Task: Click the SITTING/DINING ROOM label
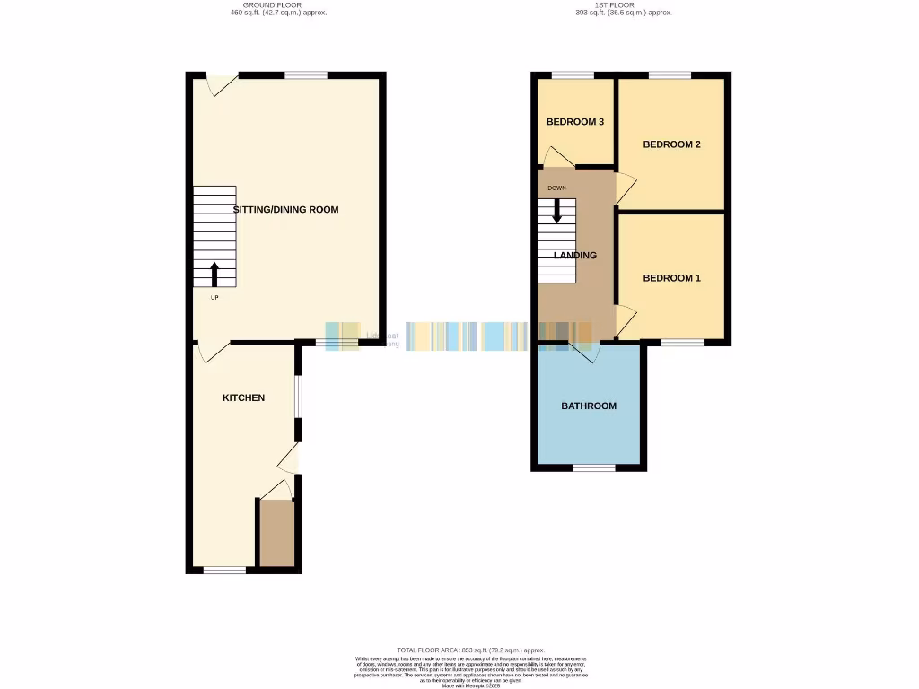pyautogui.click(x=285, y=209)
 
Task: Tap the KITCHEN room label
pyautogui.click(x=243, y=397)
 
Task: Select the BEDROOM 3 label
pyautogui.click(x=574, y=121)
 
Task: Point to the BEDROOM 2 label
pyautogui.click(x=671, y=144)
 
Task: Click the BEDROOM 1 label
pyautogui.click(x=671, y=278)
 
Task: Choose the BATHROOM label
pyautogui.click(x=589, y=406)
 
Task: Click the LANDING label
pyautogui.click(x=575, y=256)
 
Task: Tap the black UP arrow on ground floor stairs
pyautogui.click(x=214, y=274)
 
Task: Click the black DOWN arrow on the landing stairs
pyautogui.click(x=557, y=210)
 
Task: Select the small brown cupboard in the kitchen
pyautogui.click(x=276, y=533)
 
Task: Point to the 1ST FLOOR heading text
pyautogui.click(x=623, y=5)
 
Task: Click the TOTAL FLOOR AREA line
pyautogui.click(x=470, y=650)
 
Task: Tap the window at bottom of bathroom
pyautogui.click(x=594, y=467)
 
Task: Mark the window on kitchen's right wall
pyautogui.click(x=299, y=395)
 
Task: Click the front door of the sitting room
pyautogui.click(x=221, y=83)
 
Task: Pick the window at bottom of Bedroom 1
pyautogui.click(x=683, y=342)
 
